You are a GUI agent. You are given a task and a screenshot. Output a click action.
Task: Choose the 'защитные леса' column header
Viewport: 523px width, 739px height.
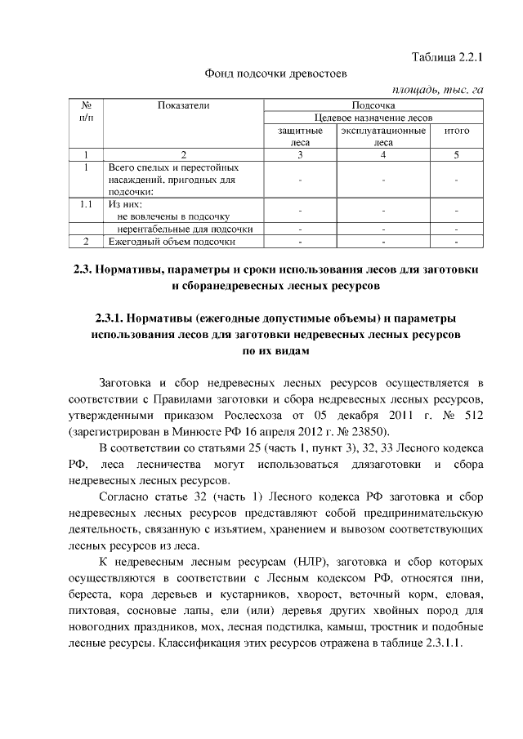300,136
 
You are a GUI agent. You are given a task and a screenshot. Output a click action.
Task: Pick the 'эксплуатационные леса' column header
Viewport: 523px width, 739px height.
382,136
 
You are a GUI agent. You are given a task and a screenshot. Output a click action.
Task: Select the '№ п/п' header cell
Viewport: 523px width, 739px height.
87,111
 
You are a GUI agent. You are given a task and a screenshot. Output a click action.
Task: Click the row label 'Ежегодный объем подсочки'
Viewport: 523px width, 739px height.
172,242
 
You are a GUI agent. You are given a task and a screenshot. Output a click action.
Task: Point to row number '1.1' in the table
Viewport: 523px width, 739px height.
87,204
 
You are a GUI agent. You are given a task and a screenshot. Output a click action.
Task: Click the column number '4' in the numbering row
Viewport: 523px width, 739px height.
382,154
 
